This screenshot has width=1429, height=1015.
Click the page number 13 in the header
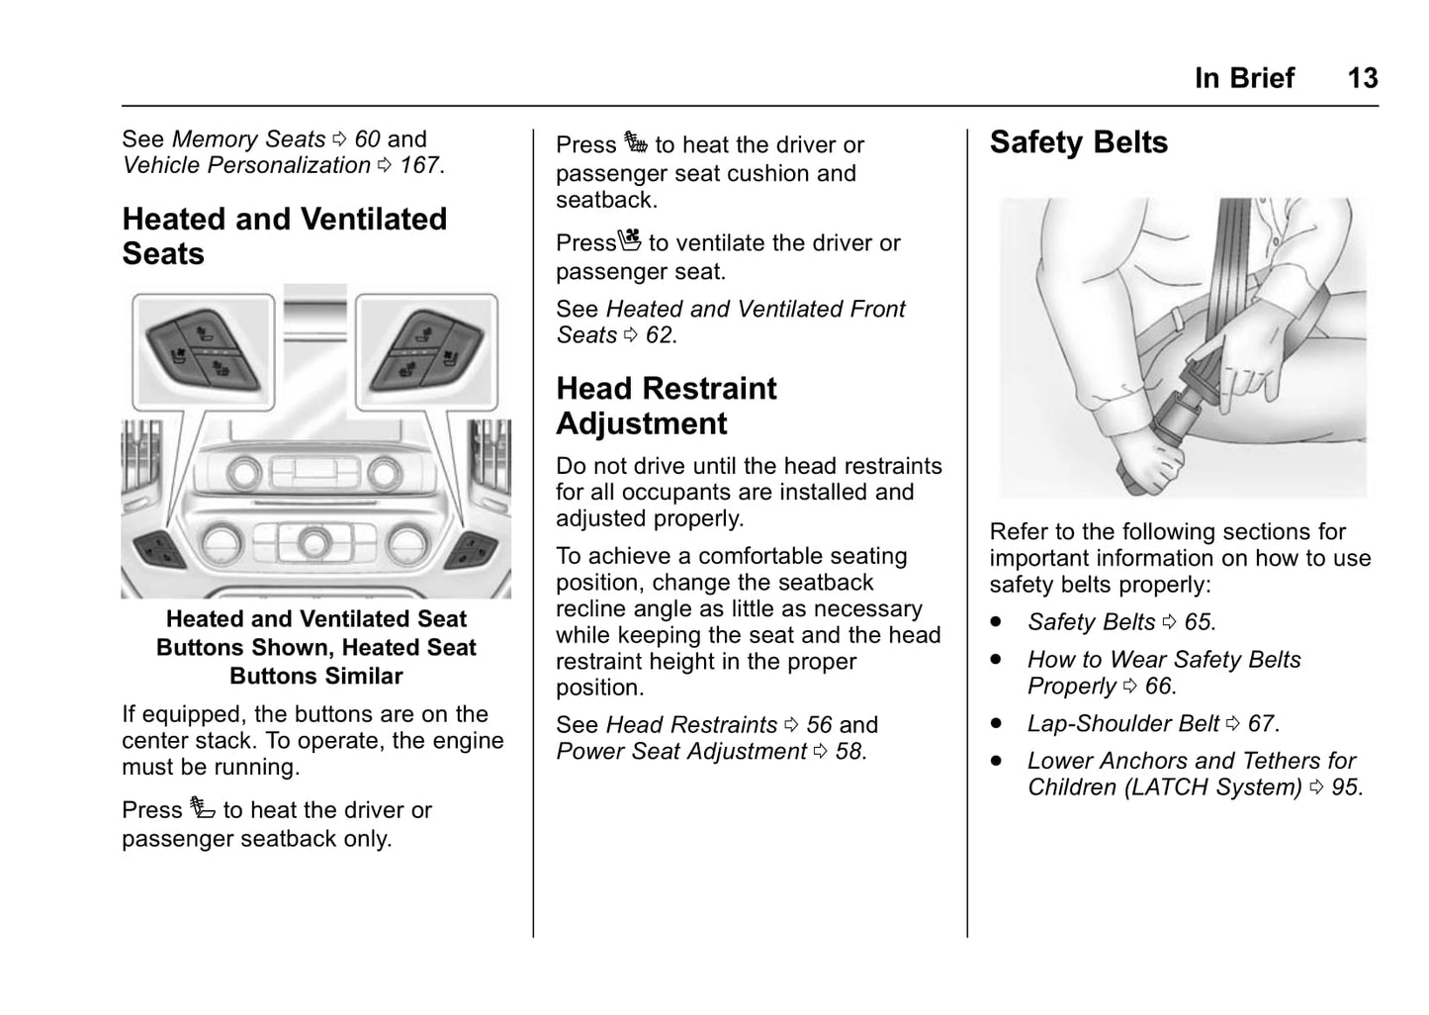(1362, 78)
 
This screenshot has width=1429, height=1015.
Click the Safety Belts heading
(1078, 143)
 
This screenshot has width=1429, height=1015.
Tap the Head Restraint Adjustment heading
(666, 406)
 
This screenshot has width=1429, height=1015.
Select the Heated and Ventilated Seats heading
(284, 236)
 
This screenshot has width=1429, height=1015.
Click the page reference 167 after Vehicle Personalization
(420, 165)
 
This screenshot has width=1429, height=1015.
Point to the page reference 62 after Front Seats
(660, 335)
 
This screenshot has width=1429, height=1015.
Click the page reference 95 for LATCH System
(1345, 787)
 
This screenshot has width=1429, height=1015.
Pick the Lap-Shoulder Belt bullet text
(1122, 724)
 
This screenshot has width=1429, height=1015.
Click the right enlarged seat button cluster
(426, 351)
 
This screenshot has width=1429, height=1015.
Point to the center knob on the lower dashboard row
(314, 541)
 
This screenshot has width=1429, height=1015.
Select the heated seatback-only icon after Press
(203, 808)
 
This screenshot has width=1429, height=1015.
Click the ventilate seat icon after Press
(631, 240)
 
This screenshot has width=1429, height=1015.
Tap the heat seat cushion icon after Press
(636, 143)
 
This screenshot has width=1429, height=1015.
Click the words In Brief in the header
(1243, 78)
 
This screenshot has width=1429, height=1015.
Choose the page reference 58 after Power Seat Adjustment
(848, 752)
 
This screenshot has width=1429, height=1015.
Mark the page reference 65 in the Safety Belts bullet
(1198, 622)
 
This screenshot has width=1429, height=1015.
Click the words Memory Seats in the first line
(248, 139)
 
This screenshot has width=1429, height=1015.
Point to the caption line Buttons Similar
(316, 677)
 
